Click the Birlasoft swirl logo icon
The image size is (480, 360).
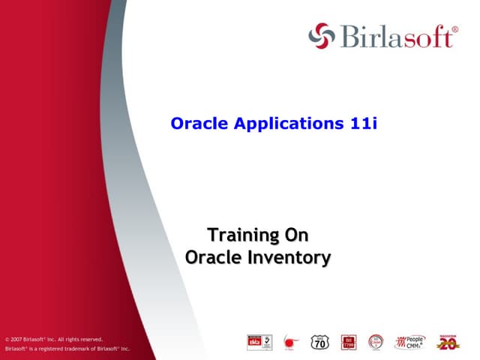point(320,34)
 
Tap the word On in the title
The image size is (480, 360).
point(296,235)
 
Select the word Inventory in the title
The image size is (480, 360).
point(289,257)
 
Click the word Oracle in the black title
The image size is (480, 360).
point(212,257)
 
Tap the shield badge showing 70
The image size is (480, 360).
point(319,342)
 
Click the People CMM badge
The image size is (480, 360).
point(410,342)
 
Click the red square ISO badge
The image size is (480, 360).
point(349,342)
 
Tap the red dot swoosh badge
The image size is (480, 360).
point(289,343)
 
